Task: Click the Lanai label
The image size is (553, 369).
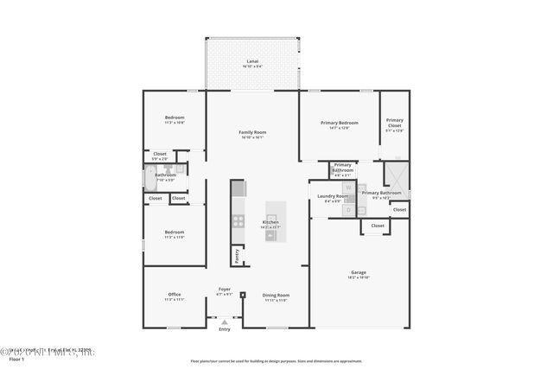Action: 252,61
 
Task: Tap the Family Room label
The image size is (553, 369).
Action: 252,132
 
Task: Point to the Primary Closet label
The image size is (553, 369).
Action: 394,121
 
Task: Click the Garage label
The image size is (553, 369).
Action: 358,272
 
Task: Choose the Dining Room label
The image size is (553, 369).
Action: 276,295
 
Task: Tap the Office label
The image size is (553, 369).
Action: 174,295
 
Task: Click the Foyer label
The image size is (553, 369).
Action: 224,289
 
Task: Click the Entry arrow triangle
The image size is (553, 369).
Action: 225,321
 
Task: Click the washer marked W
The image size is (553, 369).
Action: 348,187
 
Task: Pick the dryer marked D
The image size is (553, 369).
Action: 348,208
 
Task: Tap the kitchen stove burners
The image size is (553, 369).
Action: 238,220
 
